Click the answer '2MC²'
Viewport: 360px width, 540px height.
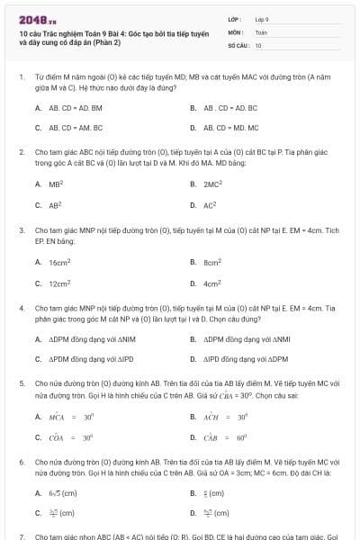pos(211,184)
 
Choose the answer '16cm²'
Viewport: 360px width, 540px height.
pos(58,262)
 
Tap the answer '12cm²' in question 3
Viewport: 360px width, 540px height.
pos(58,283)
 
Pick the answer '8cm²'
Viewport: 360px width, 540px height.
pos(212,262)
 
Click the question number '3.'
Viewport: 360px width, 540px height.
pos(22,229)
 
